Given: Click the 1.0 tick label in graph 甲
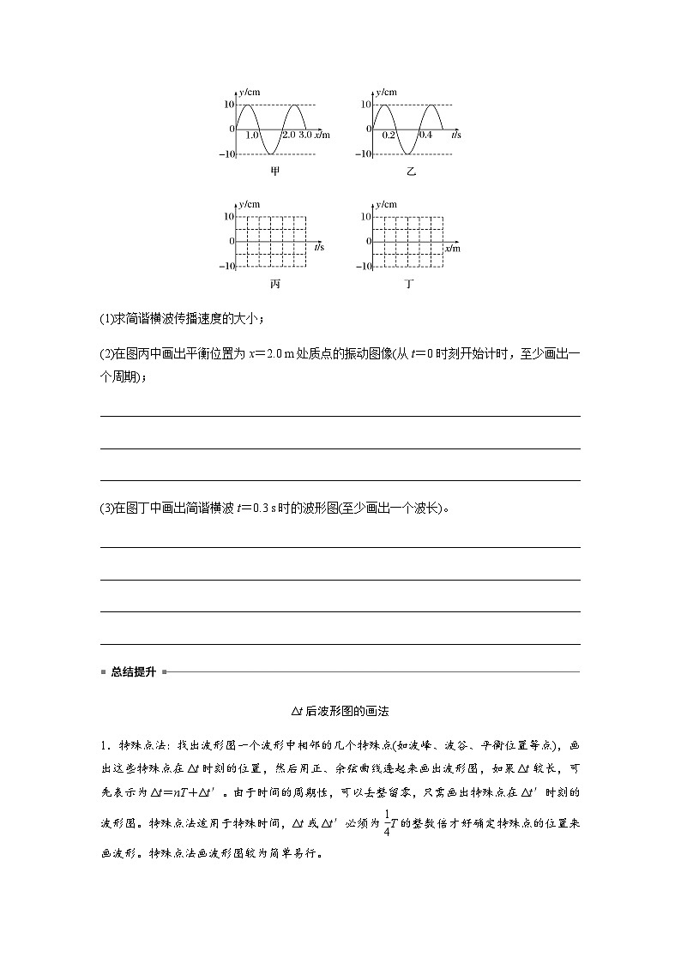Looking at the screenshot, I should [x=252, y=135].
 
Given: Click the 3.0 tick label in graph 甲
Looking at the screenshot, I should [x=304, y=135].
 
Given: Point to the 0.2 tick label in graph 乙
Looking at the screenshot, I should [x=389, y=135].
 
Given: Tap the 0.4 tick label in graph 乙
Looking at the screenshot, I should [x=425, y=135].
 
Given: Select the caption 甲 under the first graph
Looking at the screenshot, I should [x=274, y=172].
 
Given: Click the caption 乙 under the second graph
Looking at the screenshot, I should [x=411, y=172].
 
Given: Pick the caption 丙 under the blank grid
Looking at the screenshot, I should [x=274, y=284].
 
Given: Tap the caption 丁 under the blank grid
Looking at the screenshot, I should [x=409, y=284].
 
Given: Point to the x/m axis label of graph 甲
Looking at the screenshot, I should [x=322, y=135].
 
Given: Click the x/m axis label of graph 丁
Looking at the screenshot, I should [x=453, y=248].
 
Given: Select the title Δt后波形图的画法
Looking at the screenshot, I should [x=340, y=711].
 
